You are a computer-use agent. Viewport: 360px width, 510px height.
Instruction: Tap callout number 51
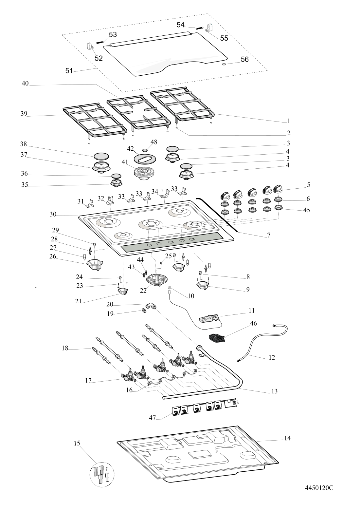tap(69, 71)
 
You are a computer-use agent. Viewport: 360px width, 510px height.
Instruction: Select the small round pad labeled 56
tap(225, 65)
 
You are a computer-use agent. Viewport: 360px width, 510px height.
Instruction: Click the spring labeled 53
tap(100, 42)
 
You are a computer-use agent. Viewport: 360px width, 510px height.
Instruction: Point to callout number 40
tap(25, 84)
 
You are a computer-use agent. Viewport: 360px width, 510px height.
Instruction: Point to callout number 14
tap(287, 438)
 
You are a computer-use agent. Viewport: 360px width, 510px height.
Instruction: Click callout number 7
tap(269, 235)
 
